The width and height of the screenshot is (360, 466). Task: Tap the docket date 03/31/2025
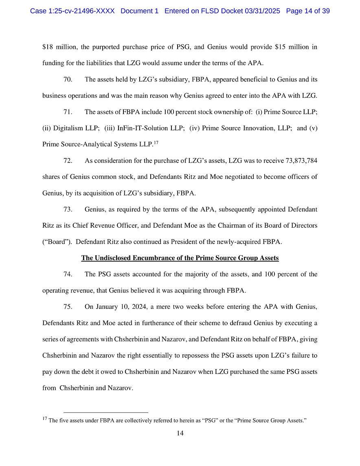(x=262, y=11)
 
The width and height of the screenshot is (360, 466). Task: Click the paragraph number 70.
(x=68, y=79)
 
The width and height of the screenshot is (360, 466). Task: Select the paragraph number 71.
(x=68, y=112)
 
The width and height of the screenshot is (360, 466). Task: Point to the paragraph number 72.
(x=68, y=161)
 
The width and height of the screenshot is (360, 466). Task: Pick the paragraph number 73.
(x=68, y=209)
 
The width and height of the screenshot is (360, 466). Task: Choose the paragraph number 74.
(x=68, y=274)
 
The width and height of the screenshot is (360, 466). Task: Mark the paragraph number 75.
(x=68, y=307)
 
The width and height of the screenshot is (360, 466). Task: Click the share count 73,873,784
(x=296, y=161)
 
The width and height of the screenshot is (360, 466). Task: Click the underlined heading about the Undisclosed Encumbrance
(x=180, y=258)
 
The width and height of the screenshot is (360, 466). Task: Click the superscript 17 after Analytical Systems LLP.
(x=156, y=143)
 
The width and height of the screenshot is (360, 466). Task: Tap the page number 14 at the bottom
(x=180, y=433)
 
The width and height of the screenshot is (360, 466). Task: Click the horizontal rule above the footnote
(x=106, y=412)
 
